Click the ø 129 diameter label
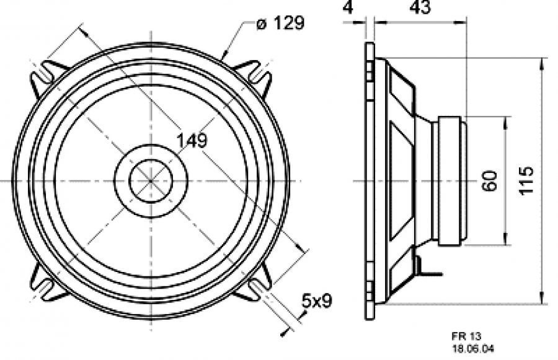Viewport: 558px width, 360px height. pyautogui.click(x=280, y=24)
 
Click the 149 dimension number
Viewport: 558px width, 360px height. pyautogui.click(x=192, y=141)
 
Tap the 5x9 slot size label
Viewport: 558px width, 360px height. pyautogui.click(x=316, y=301)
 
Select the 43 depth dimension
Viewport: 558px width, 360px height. pyautogui.click(x=420, y=7)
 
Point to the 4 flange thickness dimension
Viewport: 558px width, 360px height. pyautogui.click(x=348, y=7)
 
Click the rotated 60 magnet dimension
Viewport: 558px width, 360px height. pyautogui.click(x=490, y=181)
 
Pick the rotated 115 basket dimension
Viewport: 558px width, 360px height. pyautogui.click(x=526, y=180)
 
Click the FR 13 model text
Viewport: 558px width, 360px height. pyautogui.click(x=466, y=336)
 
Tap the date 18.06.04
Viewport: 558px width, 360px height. pyautogui.click(x=473, y=349)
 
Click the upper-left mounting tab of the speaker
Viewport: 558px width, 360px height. pyautogui.click(x=46, y=76)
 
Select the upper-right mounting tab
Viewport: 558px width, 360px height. pyautogui.click(x=254, y=76)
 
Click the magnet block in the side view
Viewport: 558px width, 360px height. pyautogui.click(x=453, y=181)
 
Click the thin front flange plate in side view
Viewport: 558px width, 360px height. pyautogui.click(x=370, y=181)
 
